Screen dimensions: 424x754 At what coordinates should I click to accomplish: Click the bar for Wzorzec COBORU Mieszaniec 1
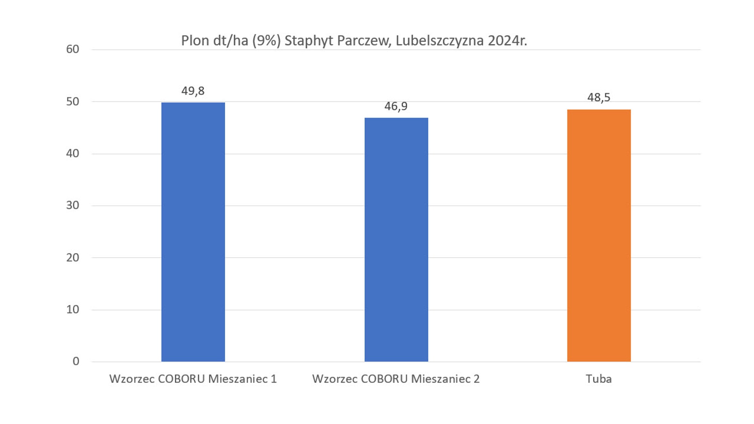(x=193, y=232)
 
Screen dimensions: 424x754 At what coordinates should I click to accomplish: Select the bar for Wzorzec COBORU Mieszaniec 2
(x=396, y=239)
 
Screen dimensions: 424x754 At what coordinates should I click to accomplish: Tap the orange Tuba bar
(x=599, y=236)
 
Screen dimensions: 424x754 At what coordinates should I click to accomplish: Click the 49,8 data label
(x=193, y=91)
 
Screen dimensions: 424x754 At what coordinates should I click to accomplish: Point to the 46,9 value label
(x=396, y=106)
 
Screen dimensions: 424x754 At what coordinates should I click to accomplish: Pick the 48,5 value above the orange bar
(x=599, y=98)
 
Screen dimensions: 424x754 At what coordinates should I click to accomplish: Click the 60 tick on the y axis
(x=72, y=49)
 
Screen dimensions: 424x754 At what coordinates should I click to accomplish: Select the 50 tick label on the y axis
(x=72, y=101)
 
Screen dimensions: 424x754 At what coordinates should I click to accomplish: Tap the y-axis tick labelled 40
(x=72, y=153)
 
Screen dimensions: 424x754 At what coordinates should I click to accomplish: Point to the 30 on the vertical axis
(x=72, y=205)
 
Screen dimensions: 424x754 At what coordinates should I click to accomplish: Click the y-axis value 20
(x=72, y=257)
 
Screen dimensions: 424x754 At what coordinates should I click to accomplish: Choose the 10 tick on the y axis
(x=72, y=309)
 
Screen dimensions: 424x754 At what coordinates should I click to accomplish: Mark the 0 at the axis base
(x=76, y=361)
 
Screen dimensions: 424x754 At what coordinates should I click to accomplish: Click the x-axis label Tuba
(x=599, y=379)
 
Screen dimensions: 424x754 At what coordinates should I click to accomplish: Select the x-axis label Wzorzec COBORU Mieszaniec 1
(x=193, y=379)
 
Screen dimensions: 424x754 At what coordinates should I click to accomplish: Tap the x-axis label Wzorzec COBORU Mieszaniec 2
(x=396, y=379)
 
